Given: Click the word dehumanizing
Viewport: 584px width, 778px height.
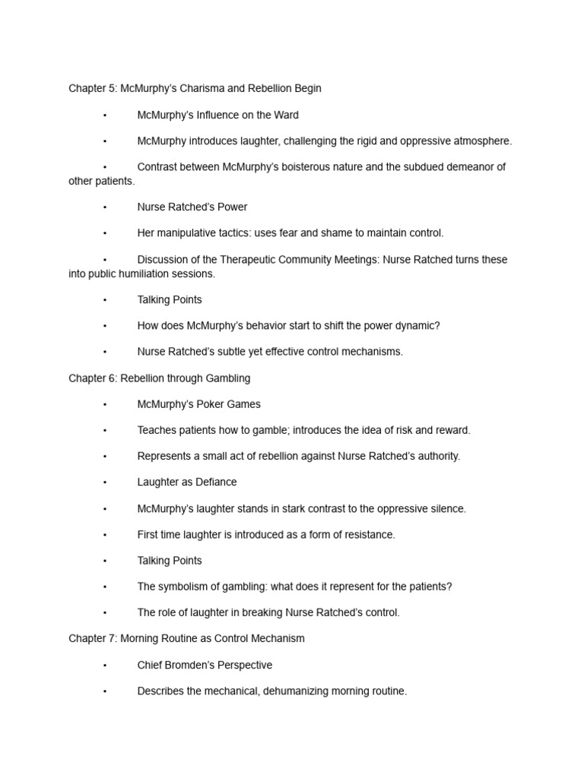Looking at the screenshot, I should coord(303,691).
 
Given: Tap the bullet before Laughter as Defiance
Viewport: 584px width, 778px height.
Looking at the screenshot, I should coord(104,482).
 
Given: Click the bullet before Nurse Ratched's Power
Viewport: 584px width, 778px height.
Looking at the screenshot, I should coord(104,207).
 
